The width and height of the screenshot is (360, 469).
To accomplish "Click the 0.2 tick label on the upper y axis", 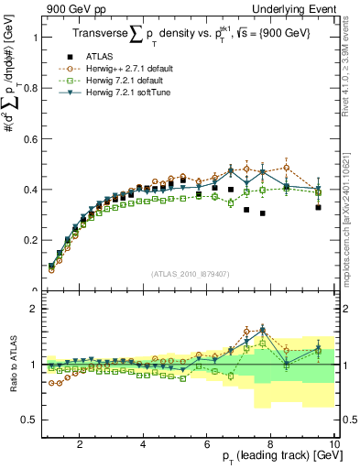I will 29,240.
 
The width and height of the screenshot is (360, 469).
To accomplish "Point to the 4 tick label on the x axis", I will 143,445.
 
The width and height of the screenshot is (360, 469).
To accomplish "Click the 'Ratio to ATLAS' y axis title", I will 13,364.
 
